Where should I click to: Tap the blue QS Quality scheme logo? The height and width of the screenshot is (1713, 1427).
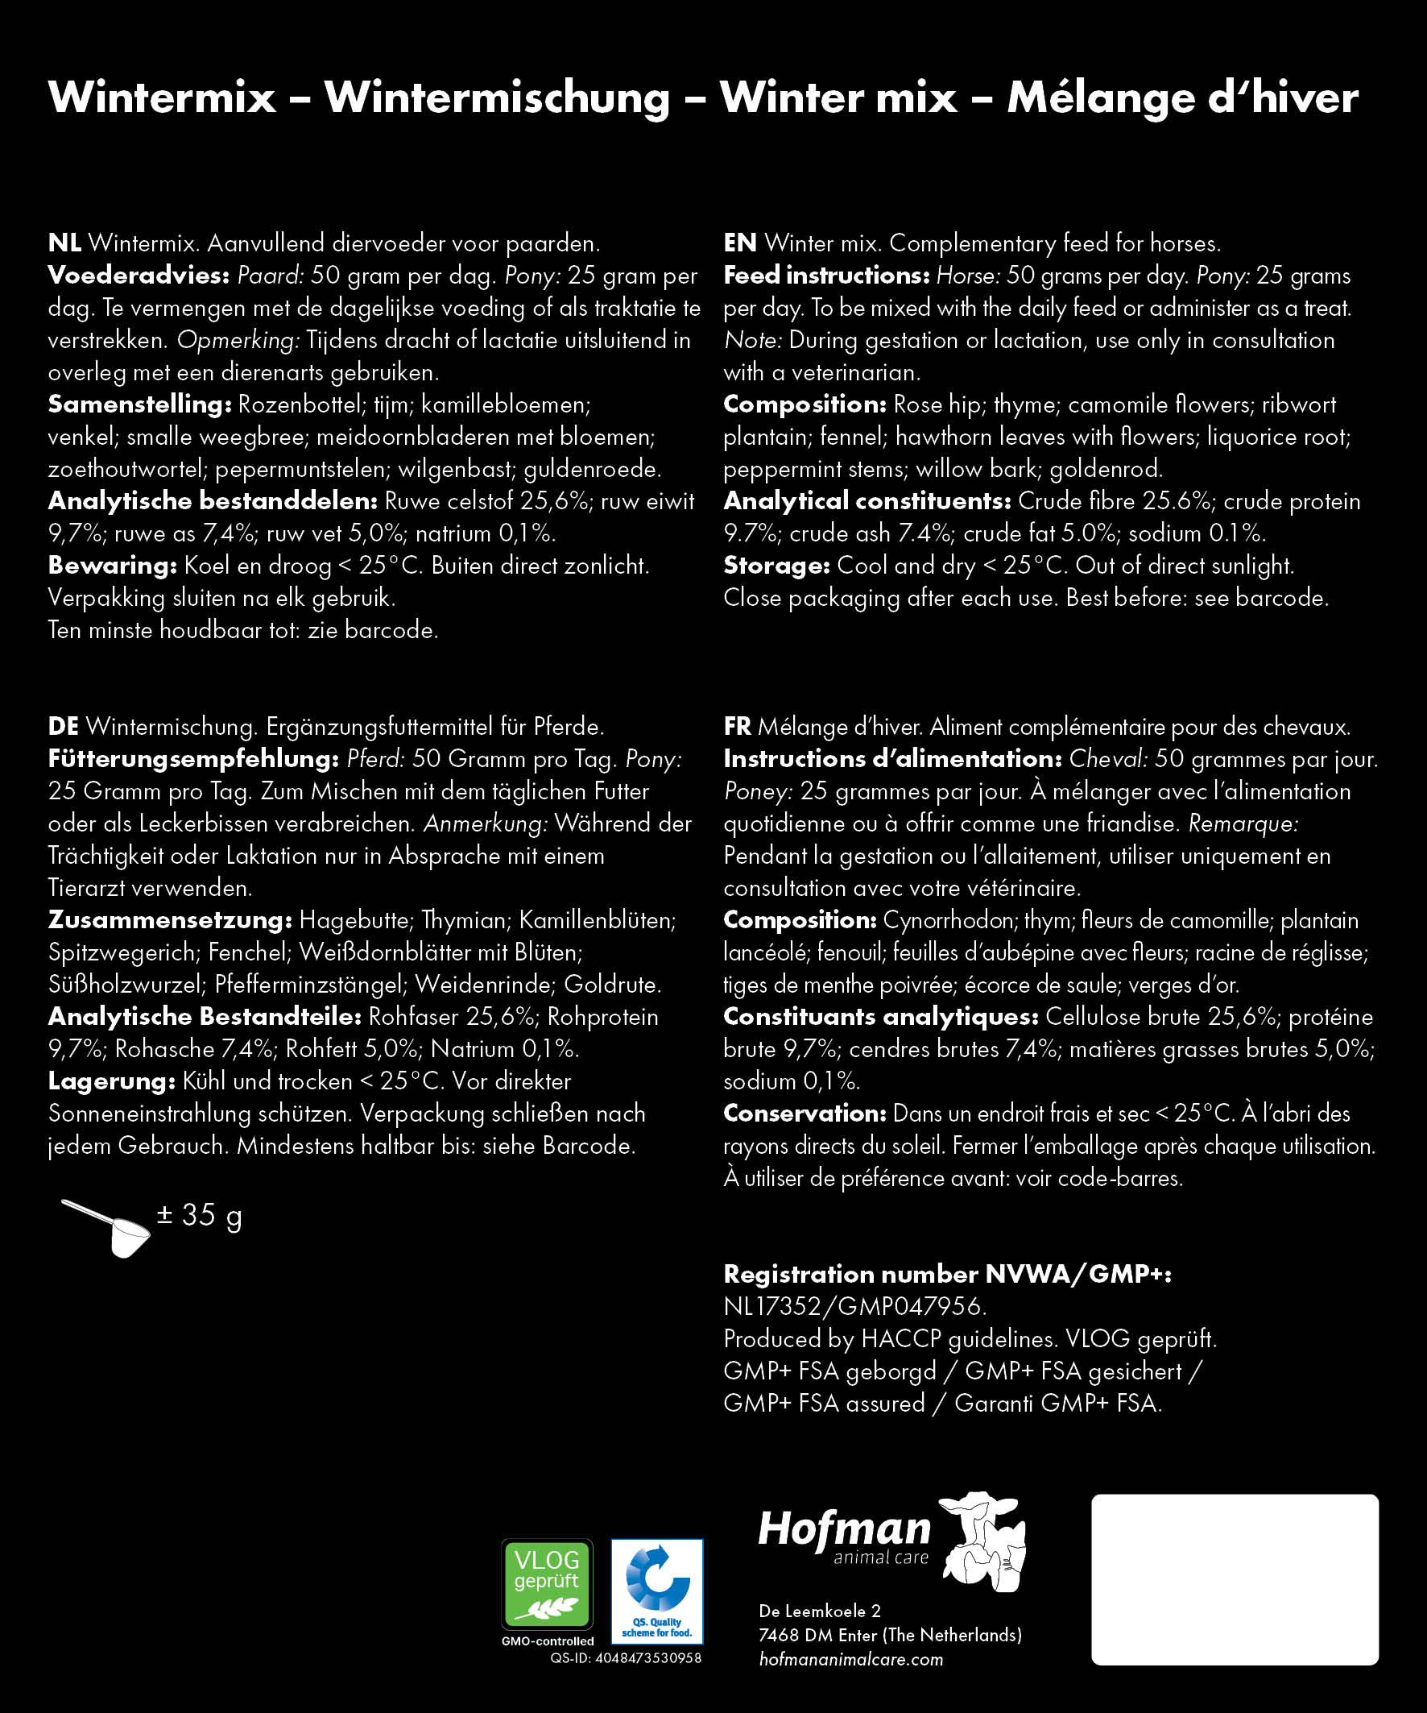pos(656,1591)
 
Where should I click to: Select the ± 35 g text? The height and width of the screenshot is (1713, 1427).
pos(200,1215)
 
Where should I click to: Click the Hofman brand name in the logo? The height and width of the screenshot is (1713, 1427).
pos(844,1528)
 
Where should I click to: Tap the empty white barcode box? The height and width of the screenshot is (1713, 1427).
pos(1235,1579)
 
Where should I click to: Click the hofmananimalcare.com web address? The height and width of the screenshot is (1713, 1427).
pos(850,1659)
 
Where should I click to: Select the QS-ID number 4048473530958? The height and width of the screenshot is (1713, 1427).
pos(648,1658)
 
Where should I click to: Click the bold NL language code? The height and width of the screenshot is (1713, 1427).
pos(64,243)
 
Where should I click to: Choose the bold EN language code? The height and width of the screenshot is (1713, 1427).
pos(739,243)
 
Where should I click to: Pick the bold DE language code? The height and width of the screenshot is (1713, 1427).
pos(64,726)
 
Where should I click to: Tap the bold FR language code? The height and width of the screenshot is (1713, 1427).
pos(737,726)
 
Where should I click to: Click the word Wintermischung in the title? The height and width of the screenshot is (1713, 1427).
pos(497,97)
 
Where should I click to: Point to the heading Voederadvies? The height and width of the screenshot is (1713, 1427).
pos(139,276)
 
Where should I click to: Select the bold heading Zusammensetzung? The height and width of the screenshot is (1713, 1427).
pos(170,920)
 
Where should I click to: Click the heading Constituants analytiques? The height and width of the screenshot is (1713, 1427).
pos(881,1016)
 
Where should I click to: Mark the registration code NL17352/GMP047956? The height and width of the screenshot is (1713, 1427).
pos(854,1307)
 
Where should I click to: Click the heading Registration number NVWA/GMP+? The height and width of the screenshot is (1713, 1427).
pos(948,1274)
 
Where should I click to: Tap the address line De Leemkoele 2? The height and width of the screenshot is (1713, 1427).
pos(820,1611)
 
